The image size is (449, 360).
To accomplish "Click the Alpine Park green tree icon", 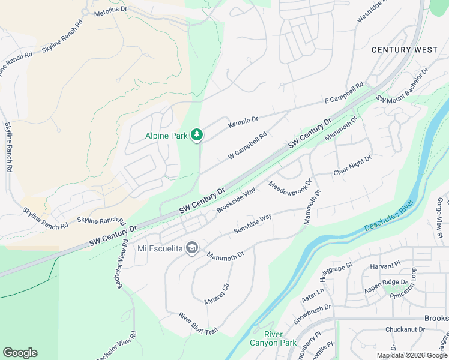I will [196, 136].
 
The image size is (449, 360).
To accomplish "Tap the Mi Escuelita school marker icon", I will [191, 248].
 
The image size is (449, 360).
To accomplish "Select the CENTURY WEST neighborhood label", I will [404, 50].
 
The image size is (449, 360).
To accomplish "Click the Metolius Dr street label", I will [108, 10].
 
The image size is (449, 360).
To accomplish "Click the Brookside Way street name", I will [236, 199].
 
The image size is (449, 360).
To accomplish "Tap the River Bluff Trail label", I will [197, 324].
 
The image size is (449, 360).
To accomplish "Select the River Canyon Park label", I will [280, 338].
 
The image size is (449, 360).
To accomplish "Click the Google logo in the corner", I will [20, 353].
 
